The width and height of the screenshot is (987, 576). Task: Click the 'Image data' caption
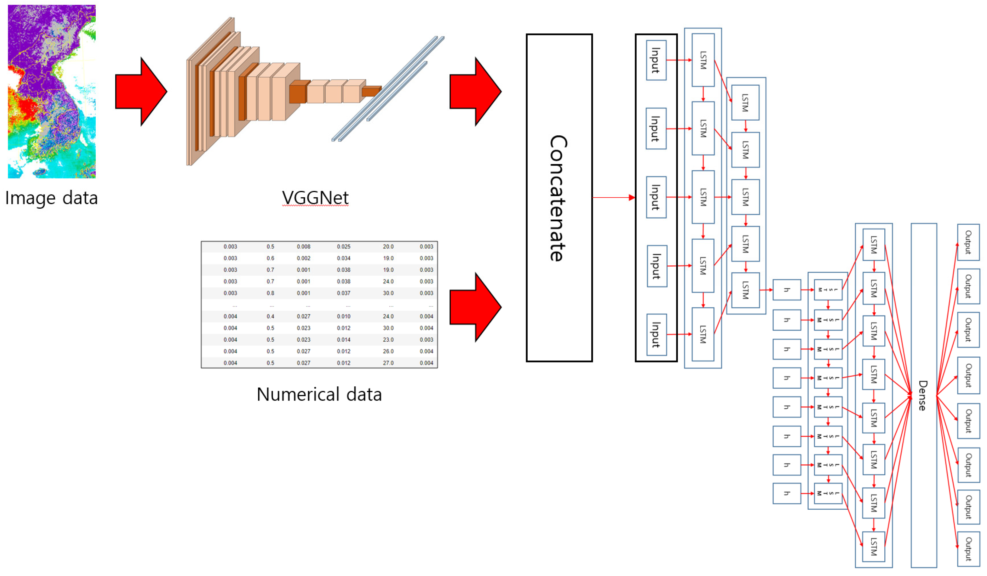tap(51, 198)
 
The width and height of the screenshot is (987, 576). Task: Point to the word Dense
tap(923, 395)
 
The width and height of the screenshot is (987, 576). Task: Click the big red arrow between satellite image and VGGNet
tap(141, 92)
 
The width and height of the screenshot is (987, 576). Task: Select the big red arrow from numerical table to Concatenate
tap(475, 307)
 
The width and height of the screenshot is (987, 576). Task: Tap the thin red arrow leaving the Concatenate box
tap(613, 198)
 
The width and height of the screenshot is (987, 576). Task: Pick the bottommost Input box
tap(656, 334)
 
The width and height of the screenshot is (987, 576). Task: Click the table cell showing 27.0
tap(388, 363)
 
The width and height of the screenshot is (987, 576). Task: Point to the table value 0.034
tap(343, 258)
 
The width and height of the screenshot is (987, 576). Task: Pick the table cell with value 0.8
tap(270, 293)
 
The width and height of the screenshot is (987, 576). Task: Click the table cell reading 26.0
tap(388, 351)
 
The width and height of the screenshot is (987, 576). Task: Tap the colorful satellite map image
tap(52, 92)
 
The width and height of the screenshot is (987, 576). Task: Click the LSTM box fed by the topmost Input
tap(703, 60)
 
